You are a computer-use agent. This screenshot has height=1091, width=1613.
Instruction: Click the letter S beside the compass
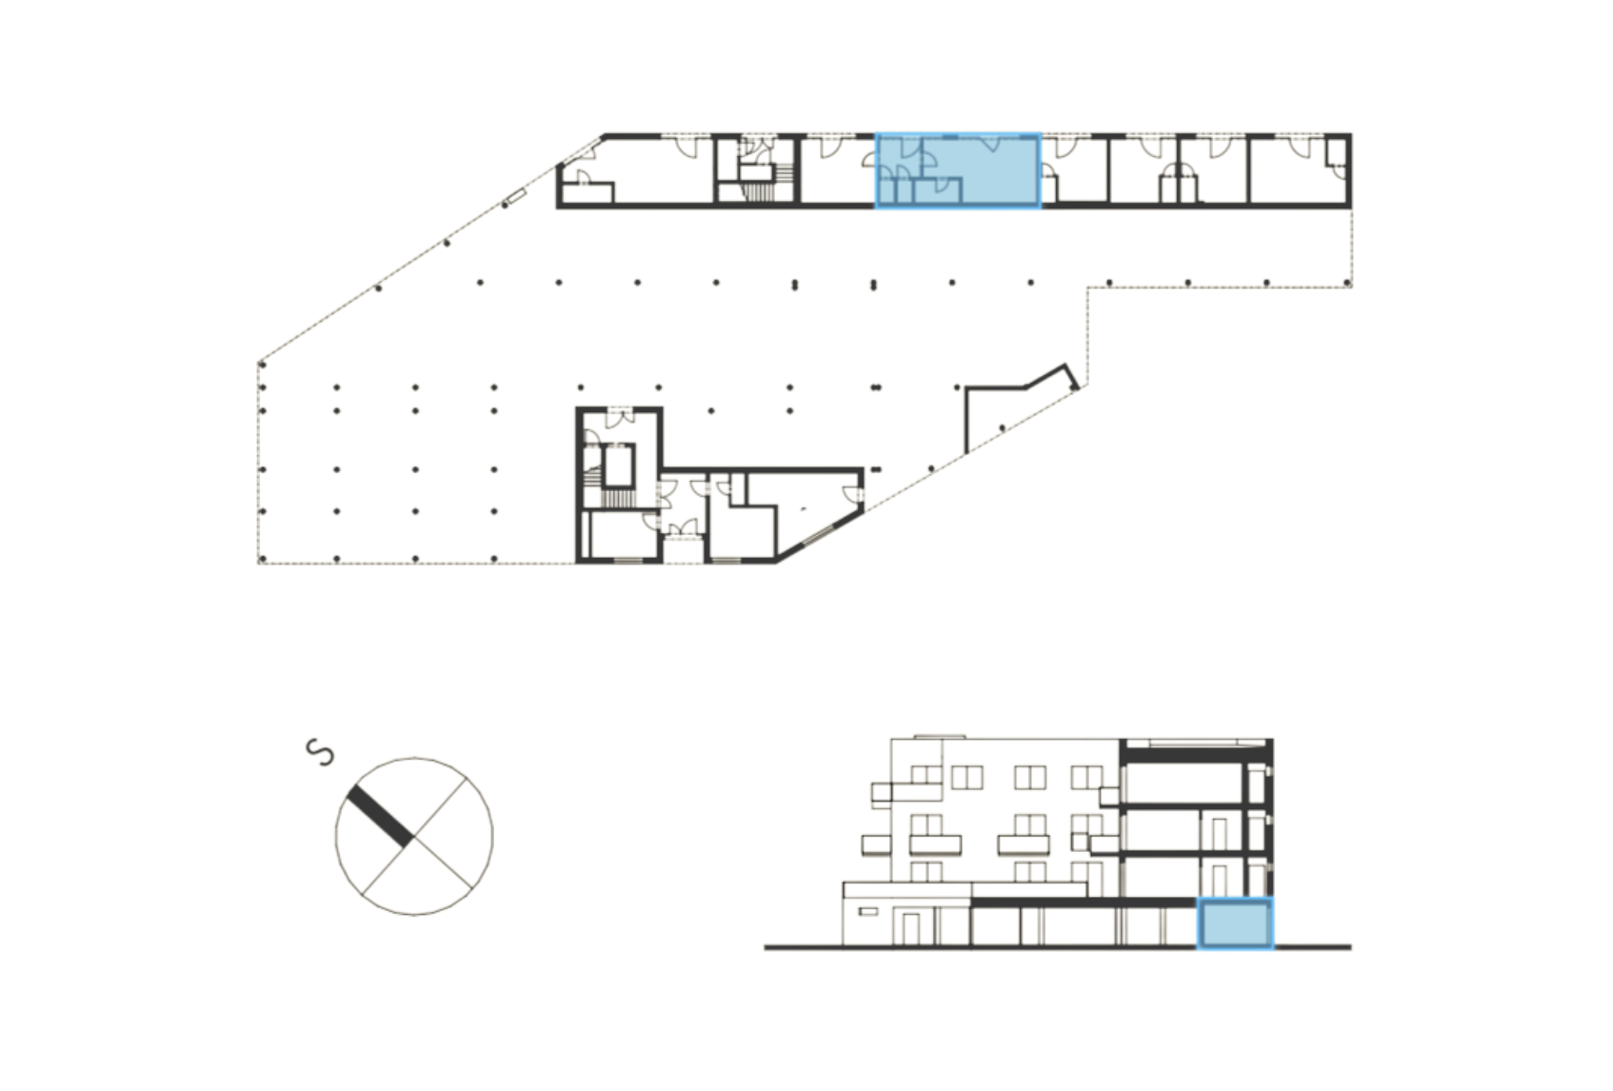coord(321,751)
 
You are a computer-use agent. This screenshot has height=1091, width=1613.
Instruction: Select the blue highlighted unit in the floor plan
coord(957,170)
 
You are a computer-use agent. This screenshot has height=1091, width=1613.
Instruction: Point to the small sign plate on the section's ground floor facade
coord(866,912)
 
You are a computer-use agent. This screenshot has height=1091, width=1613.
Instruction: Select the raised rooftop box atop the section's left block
coord(939,736)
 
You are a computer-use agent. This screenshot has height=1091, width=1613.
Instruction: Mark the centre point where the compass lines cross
coord(413,836)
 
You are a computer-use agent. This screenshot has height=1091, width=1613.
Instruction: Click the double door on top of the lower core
coord(621,416)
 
